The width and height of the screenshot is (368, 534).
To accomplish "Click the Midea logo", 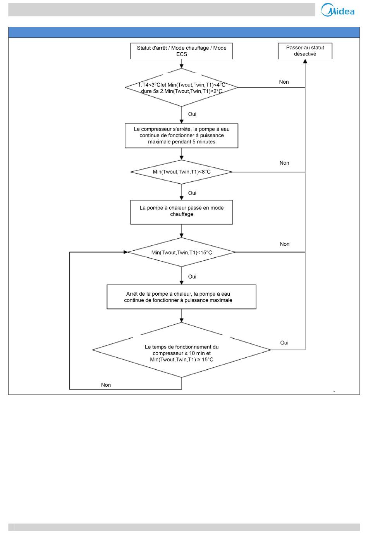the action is click(337, 10).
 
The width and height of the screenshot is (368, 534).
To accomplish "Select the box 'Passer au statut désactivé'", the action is click(305, 51).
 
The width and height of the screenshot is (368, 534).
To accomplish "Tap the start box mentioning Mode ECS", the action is click(181, 51).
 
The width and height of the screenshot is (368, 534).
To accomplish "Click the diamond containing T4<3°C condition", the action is click(181, 88).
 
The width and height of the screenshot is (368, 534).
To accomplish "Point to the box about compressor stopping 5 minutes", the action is click(181, 136).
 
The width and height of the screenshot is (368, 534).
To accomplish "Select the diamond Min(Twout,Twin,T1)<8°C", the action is click(181, 172).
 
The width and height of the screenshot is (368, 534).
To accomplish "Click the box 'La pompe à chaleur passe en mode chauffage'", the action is click(181, 212).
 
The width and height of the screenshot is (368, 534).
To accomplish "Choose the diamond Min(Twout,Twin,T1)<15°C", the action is click(181, 252).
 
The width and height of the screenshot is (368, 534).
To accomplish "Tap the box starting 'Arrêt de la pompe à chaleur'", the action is click(181, 297).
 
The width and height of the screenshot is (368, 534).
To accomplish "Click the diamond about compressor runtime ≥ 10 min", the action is click(181, 350).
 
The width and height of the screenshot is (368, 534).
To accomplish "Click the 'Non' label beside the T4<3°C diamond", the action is click(284, 82).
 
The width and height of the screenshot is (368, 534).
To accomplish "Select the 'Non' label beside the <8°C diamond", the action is click(284, 163).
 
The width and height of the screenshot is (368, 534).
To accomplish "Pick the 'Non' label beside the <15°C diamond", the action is click(285, 244).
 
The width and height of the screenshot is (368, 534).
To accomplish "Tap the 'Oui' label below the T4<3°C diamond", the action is click(192, 114).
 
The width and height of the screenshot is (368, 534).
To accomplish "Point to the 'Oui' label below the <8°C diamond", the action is click(192, 193).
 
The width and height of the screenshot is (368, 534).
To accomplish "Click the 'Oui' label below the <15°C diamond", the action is click(192, 277).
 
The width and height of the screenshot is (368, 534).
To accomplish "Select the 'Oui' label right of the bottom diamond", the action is click(284, 343).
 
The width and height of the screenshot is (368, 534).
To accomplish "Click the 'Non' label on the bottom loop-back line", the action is click(106, 385).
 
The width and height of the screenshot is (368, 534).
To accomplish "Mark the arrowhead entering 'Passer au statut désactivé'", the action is click(305, 61).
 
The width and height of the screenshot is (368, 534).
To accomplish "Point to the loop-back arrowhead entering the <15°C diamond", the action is click(126, 252).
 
